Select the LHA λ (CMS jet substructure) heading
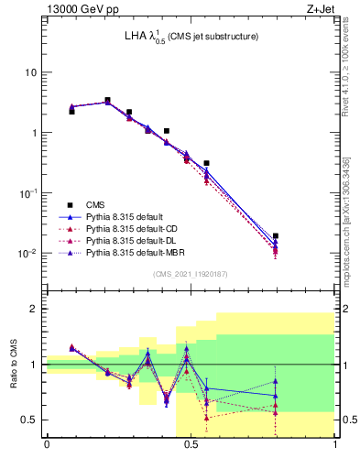coord(191,38)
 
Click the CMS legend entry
coord(97,204)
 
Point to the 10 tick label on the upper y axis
coord(31,72)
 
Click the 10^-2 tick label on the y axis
coord(28,253)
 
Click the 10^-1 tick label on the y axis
coord(28,192)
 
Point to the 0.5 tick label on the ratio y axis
coord(30,420)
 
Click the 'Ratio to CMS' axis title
coord(13,365)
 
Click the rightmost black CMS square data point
coord(276,236)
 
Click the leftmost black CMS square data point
coord(71,111)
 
